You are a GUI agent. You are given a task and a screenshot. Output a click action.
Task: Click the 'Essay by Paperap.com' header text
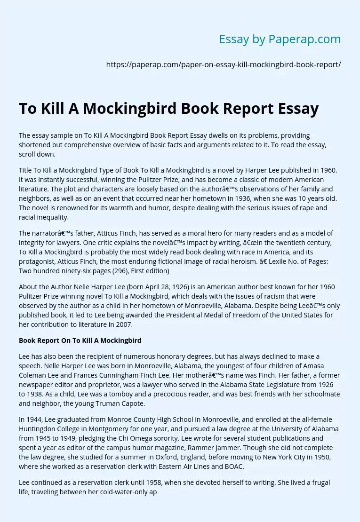(280, 40)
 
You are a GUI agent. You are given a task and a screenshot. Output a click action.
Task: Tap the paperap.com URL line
(224, 65)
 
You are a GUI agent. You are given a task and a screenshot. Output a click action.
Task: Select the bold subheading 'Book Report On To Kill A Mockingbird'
(80, 340)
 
